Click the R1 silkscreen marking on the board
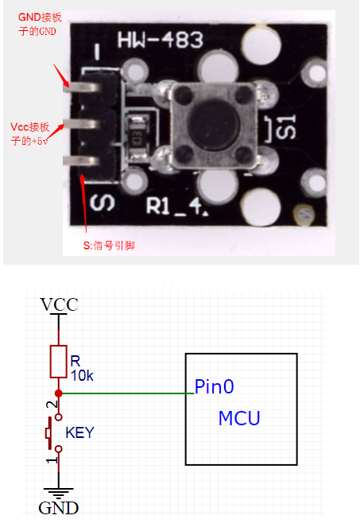[165, 211]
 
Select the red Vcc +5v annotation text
[31, 134]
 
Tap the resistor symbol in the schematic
[58, 362]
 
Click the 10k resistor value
[81, 375]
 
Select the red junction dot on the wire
[58, 393]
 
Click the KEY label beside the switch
[79, 433]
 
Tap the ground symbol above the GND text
[58, 493]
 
